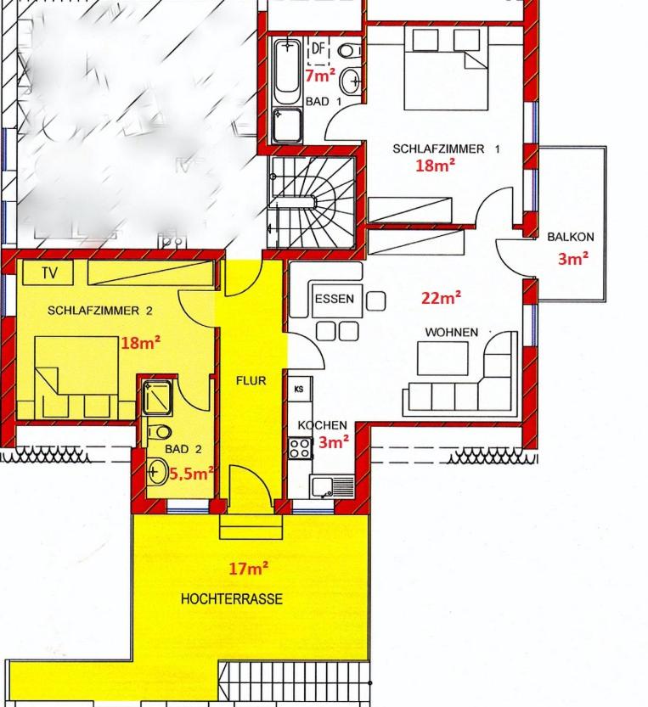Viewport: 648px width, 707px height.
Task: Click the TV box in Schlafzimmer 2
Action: click(48, 272)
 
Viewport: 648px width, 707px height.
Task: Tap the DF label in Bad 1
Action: click(318, 48)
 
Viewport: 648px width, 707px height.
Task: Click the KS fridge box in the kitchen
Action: click(299, 389)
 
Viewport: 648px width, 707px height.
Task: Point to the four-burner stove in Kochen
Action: click(300, 448)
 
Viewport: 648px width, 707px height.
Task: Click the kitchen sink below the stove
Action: click(332, 486)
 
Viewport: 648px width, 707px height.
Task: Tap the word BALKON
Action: click(571, 237)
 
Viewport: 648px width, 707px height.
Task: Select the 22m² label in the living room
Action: click(442, 298)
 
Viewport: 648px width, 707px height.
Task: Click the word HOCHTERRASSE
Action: click(232, 599)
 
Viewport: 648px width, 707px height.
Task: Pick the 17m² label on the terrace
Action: click(249, 569)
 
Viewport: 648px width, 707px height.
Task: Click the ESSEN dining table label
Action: click(335, 299)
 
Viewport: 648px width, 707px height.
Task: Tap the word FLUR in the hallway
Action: click(251, 381)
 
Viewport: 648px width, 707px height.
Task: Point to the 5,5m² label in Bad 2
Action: click(191, 474)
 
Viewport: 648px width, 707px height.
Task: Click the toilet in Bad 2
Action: click(160, 432)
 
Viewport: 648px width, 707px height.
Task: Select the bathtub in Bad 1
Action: click(287, 72)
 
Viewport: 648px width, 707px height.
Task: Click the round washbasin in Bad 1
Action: click(350, 81)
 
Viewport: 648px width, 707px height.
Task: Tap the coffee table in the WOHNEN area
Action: click(442, 358)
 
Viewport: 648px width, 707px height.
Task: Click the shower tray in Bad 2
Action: click(156, 398)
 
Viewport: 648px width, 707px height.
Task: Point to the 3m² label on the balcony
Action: click(573, 259)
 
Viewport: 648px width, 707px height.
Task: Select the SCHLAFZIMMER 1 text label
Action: click(446, 149)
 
